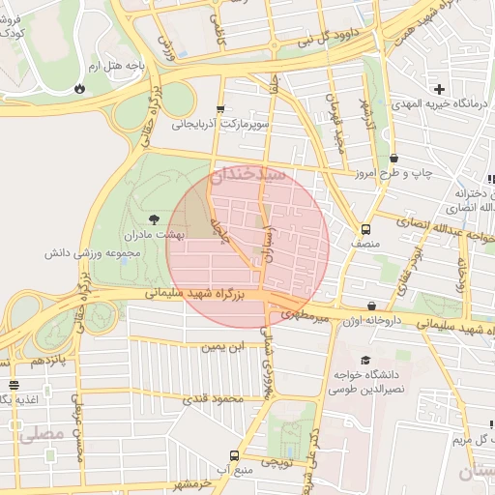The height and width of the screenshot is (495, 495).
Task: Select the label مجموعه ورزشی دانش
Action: (94, 253)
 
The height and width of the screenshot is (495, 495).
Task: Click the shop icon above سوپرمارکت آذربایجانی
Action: (220, 109)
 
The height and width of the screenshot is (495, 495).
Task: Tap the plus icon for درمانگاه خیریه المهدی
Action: (439, 89)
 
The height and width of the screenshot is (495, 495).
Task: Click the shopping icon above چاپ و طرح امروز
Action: (393, 159)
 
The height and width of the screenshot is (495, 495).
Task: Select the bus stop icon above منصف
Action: (365, 230)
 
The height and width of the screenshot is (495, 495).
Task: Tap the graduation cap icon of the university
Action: (365, 359)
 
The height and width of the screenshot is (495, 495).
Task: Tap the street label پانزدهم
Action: (50, 361)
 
